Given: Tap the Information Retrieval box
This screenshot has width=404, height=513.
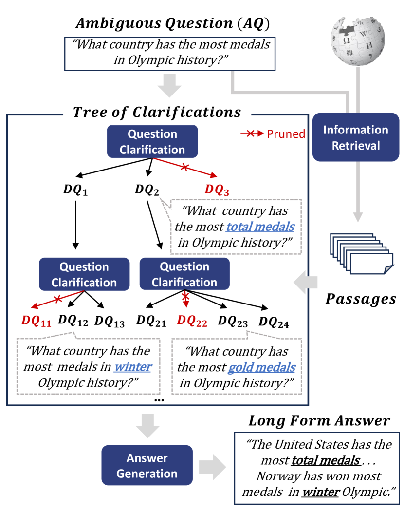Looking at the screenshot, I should [x=356, y=137].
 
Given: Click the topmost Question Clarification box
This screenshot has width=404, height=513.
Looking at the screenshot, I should [x=152, y=142].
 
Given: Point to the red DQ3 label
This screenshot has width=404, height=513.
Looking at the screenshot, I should [x=217, y=190].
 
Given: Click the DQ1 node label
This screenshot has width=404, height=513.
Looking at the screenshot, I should [x=75, y=190].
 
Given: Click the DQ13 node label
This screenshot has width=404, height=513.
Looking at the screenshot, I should [x=109, y=321].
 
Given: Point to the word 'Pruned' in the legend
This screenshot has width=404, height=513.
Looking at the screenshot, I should [x=286, y=134].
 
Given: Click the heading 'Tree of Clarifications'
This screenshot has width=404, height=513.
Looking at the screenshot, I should [x=157, y=112].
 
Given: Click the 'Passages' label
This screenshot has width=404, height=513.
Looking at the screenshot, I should [x=361, y=299].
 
